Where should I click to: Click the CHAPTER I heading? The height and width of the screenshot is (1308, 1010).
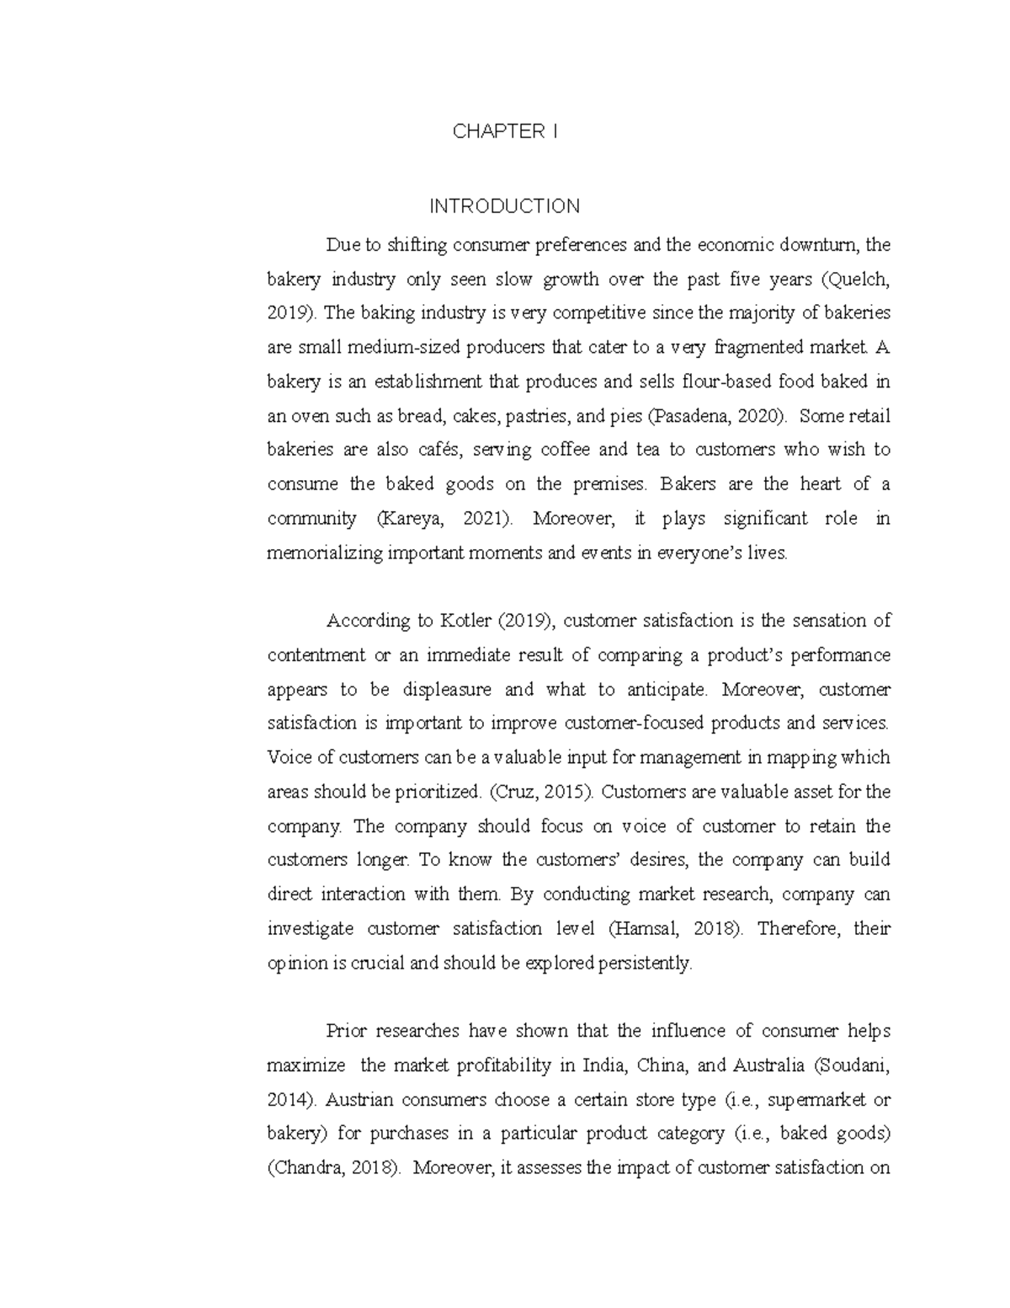tap(505, 131)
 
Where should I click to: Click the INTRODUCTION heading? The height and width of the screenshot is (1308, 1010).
tap(504, 206)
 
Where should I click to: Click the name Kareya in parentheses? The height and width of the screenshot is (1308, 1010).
tap(411, 519)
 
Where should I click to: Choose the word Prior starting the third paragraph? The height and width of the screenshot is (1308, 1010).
tap(346, 1032)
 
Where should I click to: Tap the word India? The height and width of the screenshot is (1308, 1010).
tap(605, 1065)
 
